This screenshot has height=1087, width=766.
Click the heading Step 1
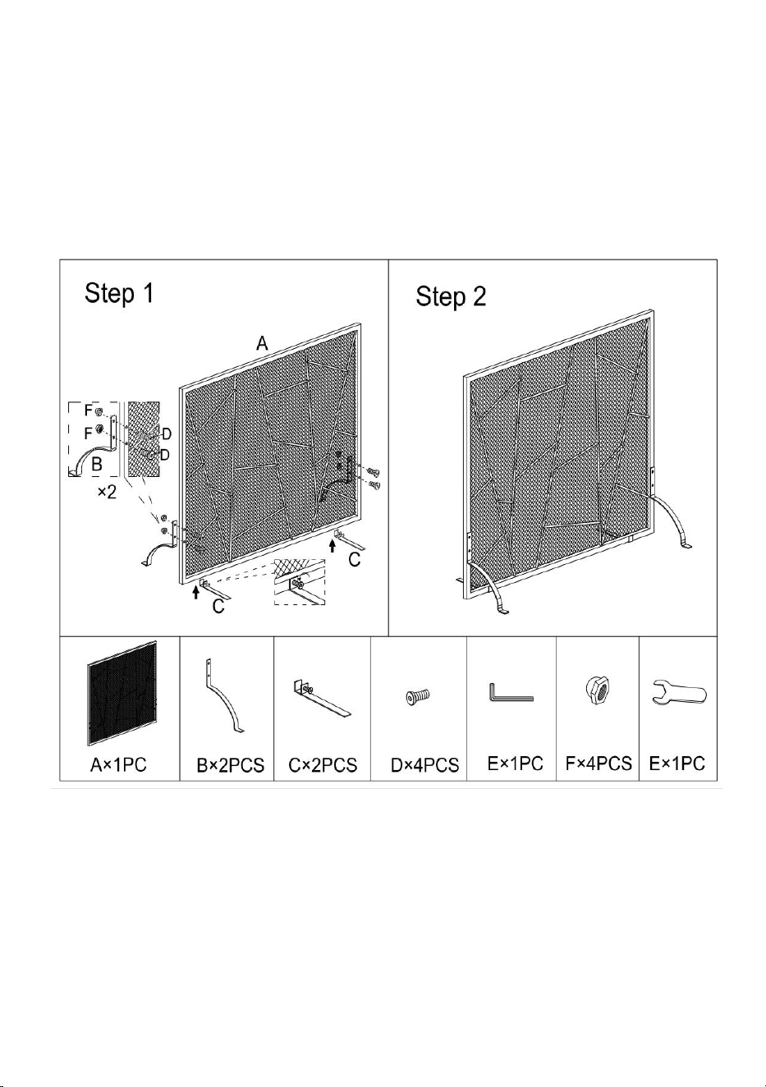point(118,294)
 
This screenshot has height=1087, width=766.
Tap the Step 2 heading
point(451,296)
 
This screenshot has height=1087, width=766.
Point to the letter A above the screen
point(262,344)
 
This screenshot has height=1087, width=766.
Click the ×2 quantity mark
point(108,492)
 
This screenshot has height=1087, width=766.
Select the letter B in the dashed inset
point(97,465)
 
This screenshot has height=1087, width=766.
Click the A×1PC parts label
point(118,765)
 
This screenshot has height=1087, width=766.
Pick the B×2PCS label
point(231,766)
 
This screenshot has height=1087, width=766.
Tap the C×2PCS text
point(323,766)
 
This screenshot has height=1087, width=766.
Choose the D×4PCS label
point(424,766)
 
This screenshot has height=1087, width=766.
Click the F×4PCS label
point(599,764)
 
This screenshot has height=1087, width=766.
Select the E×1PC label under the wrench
point(677,764)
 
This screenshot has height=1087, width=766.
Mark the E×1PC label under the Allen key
point(515,764)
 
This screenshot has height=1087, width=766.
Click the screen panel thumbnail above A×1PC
point(123,694)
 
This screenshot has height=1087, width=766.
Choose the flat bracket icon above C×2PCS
point(321,699)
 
